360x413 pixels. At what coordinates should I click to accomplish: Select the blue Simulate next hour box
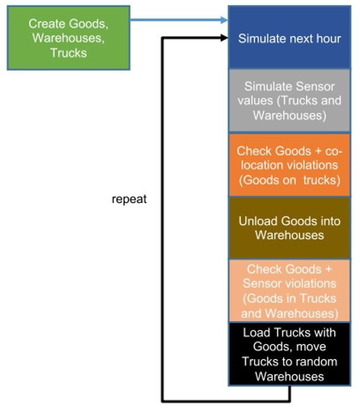[289, 38]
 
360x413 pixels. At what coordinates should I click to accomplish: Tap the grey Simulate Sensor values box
[289, 100]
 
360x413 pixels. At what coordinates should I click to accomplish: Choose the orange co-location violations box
[289, 164]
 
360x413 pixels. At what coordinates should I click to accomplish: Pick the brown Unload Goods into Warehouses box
[289, 228]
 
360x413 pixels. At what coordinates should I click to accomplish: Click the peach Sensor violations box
[289, 291]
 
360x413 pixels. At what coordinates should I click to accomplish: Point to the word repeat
[129, 199]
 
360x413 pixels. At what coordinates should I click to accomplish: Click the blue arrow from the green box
[178, 20]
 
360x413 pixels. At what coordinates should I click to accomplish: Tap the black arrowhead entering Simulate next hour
[224, 38]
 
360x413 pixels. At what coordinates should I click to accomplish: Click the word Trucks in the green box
[69, 52]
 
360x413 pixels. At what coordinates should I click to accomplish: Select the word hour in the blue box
[328, 39]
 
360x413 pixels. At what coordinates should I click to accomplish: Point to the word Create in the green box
[45, 24]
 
